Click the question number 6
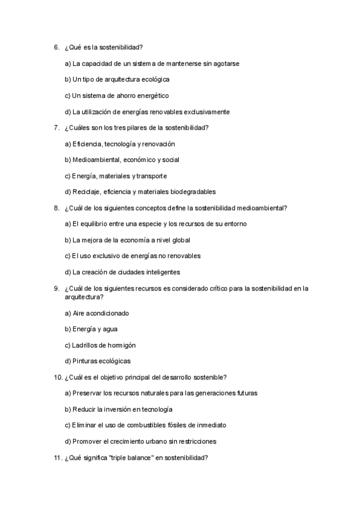coord(56,47)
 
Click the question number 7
coord(56,128)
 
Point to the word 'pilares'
coord(139,128)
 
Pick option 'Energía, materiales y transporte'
coord(115,176)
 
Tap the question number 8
coord(56,208)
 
